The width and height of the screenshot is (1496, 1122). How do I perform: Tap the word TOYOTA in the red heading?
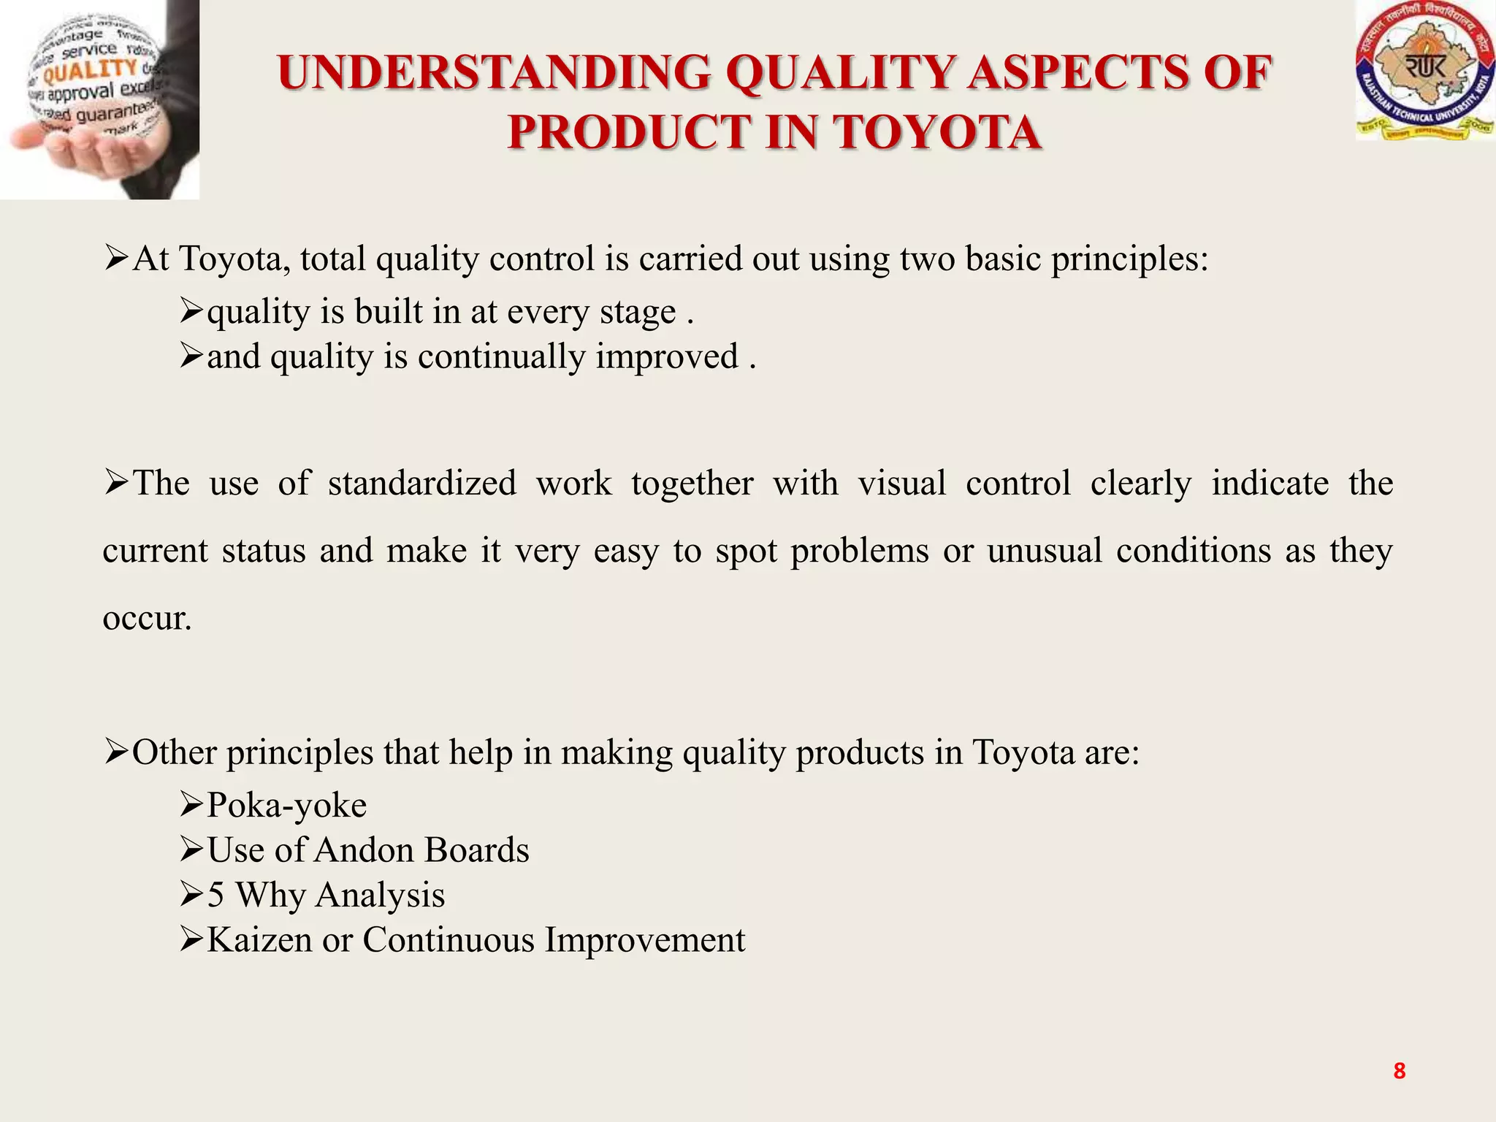tap(938, 133)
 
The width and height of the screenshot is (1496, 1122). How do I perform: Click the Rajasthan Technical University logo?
tap(1425, 71)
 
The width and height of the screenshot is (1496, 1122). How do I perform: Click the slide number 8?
tap(1399, 1071)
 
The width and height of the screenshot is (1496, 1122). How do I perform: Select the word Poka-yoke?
tap(286, 805)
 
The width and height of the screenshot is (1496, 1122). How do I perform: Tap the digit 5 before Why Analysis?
tap(215, 896)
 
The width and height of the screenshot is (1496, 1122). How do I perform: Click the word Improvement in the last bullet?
tap(645, 940)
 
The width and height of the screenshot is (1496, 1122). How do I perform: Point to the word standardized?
tap(421, 484)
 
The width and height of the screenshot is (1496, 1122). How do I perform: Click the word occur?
tap(147, 619)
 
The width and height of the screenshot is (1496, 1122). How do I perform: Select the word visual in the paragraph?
tap(901, 484)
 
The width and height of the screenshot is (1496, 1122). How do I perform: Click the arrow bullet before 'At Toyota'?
tap(116, 258)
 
